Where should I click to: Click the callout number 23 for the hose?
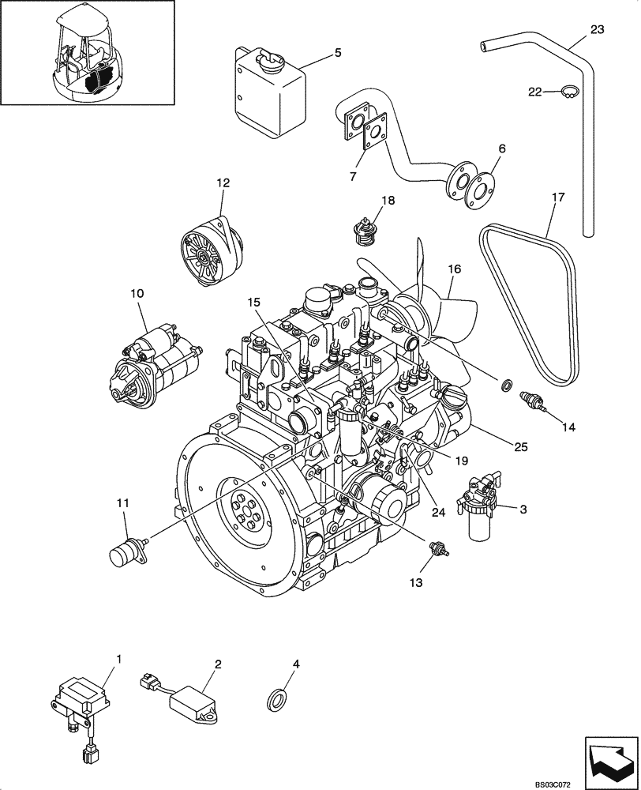coord(597,30)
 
